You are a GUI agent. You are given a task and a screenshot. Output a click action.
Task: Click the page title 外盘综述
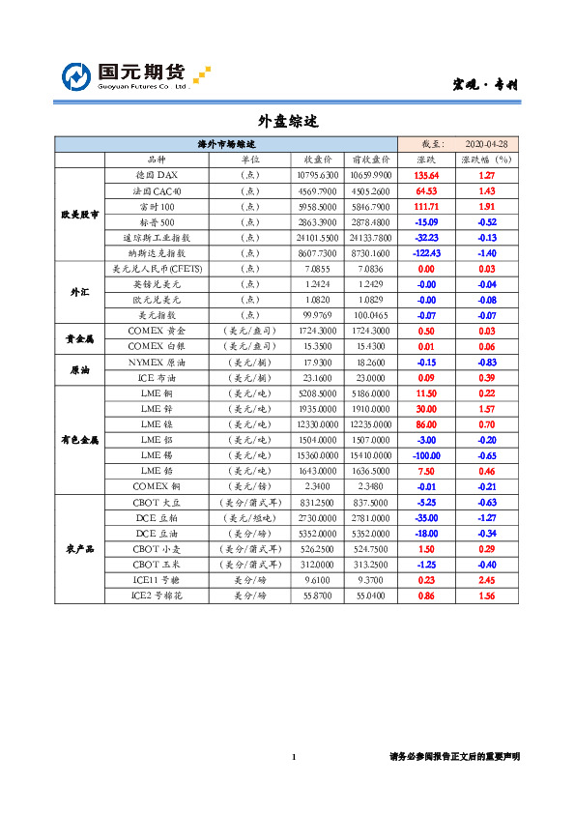[287, 122]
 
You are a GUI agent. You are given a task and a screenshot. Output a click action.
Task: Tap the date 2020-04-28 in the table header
[487, 143]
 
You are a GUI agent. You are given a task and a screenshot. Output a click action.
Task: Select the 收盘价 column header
[319, 160]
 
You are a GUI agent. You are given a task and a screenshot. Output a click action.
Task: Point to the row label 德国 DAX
[157, 176]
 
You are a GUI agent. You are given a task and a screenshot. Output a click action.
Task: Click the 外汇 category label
[80, 292]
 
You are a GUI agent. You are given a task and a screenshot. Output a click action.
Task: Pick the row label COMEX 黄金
[157, 331]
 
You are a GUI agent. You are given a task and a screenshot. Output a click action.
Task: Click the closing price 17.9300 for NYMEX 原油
[319, 362]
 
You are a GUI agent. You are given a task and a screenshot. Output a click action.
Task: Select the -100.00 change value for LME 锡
[426, 455]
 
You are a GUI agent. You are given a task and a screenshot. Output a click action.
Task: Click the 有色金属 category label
[80, 440]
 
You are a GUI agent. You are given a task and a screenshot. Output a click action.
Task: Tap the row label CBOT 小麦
[157, 549]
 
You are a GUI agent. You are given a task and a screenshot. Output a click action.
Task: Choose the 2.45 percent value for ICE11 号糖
[487, 580]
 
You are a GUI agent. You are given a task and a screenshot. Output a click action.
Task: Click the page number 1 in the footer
[294, 756]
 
